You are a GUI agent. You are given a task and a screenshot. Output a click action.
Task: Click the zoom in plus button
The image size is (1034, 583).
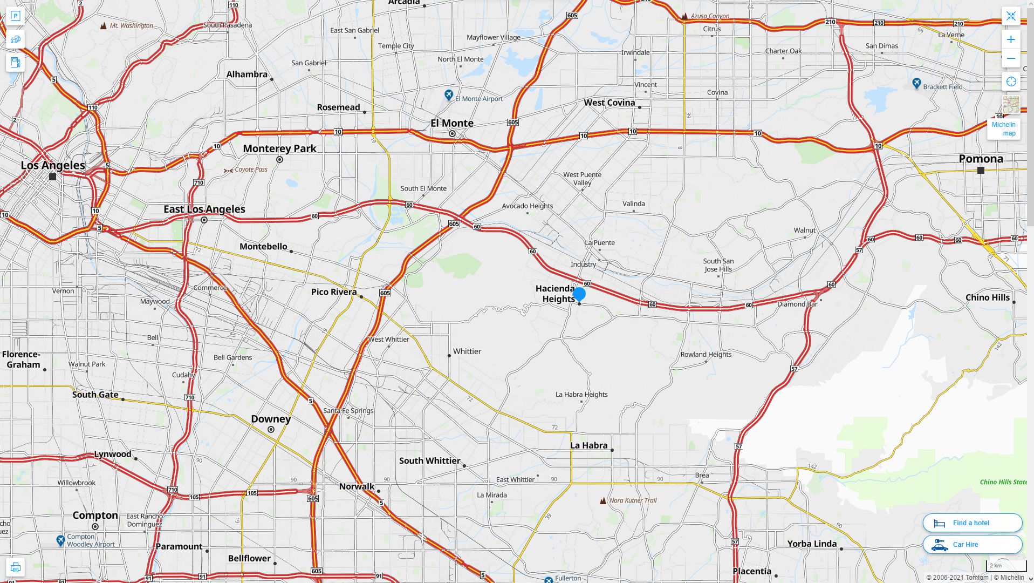(1011, 39)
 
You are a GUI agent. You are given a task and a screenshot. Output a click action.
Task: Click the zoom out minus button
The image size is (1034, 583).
(1011, 58)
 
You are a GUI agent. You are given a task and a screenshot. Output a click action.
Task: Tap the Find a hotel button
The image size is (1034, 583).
(972, 523)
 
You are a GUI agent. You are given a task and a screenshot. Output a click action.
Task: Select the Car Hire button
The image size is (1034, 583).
(972, 544)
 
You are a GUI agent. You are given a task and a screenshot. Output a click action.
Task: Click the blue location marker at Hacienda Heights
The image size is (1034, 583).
(579, 294)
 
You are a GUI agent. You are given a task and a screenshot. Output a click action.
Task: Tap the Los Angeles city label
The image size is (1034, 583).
(53, 165)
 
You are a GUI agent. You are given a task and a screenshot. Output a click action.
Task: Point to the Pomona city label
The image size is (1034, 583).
(981, 159)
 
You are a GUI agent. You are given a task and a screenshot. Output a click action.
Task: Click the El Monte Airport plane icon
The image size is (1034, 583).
(449, 96)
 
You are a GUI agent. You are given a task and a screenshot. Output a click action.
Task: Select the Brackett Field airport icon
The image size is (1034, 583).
(916, 83)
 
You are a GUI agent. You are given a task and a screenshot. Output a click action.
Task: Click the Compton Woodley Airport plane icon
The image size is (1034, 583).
(60, 540)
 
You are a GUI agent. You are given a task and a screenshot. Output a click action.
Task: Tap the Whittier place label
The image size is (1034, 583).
(467, 351)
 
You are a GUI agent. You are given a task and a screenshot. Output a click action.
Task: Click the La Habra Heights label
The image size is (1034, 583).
(581, 395)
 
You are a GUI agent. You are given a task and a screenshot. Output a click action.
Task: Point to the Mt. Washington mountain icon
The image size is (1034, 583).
(104, 25)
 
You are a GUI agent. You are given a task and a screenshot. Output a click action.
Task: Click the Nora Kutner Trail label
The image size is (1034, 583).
(633, 500)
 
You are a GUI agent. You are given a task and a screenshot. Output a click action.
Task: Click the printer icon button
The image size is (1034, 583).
(15, 567)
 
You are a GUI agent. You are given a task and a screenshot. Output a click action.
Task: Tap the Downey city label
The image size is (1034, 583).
(271, 419)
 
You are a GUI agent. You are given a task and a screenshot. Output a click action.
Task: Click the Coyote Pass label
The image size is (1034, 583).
(251, 170)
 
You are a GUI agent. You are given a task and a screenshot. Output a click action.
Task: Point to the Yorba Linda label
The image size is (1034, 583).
(812, 544)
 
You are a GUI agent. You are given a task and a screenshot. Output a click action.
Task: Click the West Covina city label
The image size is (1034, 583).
(610, 103)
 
